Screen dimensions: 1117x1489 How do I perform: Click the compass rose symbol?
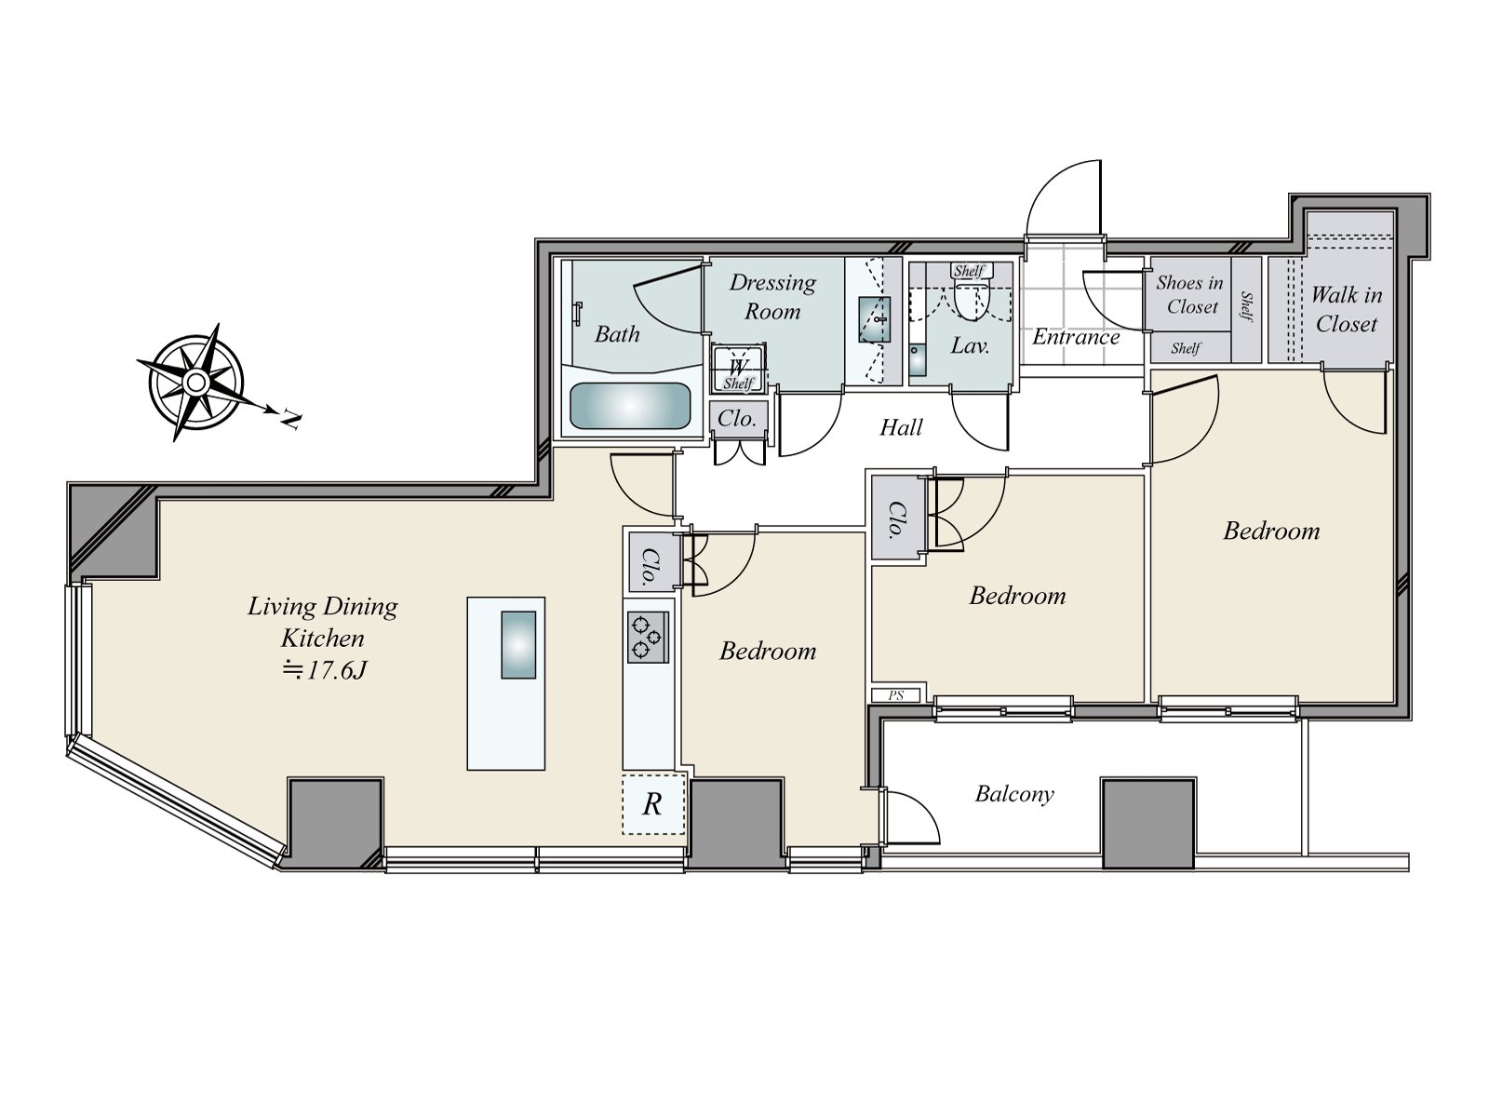click(x=195, y=382)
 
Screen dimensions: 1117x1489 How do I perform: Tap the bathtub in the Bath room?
click(x=630, y=406)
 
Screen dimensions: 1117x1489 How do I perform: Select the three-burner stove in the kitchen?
click(x=648, y=637)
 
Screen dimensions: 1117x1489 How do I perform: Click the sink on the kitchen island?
click(x=518, y=644)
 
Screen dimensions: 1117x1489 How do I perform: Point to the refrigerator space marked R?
click(x=653, y=803)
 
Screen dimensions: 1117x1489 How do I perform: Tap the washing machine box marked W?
click(x=738, y=366)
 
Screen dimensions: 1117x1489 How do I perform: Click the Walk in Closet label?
click(x=1346, y=309)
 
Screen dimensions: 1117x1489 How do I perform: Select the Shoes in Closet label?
click(x=1190, y=294)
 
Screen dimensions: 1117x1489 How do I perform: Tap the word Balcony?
click(x=1014, y=794)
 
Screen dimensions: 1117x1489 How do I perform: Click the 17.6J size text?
click(x=326, y=669)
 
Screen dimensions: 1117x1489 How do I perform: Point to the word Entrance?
click(x=1076, y=337)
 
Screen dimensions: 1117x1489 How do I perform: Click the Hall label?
click(x=901, y=427)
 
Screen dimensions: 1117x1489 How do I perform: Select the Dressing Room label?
click(x=772, y=296)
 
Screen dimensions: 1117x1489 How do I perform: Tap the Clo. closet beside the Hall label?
click(x=737, y=419)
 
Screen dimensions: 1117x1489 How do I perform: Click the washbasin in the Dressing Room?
click(x=874, y=318)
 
